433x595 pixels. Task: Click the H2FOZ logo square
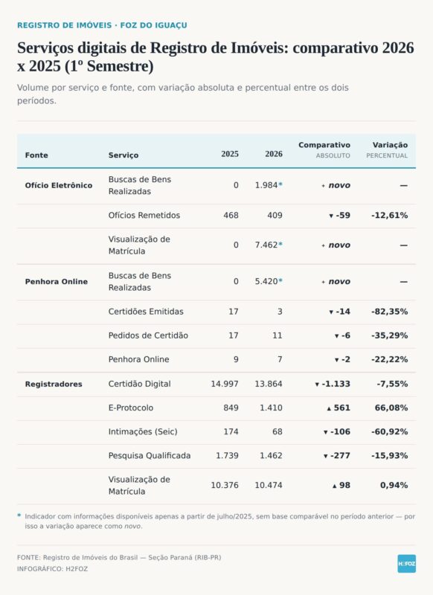point(406,564)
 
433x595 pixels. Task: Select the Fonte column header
point(36,155)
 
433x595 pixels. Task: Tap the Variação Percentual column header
point(387,150)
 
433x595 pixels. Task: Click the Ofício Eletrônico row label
point(59,185)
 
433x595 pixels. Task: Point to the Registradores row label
point(54,384)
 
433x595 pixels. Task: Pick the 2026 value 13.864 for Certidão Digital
point(269,384)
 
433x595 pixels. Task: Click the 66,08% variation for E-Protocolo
point(391,408)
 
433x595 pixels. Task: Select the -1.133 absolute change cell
point(333,384)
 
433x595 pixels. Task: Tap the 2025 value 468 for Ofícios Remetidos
point(231,216)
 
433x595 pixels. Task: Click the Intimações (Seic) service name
point(143,432)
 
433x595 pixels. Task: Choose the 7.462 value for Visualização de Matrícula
point(266,245)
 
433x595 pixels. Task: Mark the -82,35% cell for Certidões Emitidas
point(390,312)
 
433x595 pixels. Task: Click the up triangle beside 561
point(329,408)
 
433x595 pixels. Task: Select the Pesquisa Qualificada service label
point(150,455)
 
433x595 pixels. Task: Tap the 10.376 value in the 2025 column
point(225,486)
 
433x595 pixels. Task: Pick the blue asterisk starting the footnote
point(19,515)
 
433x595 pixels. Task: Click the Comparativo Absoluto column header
point(324,150)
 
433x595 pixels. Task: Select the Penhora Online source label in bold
point(56,282)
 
